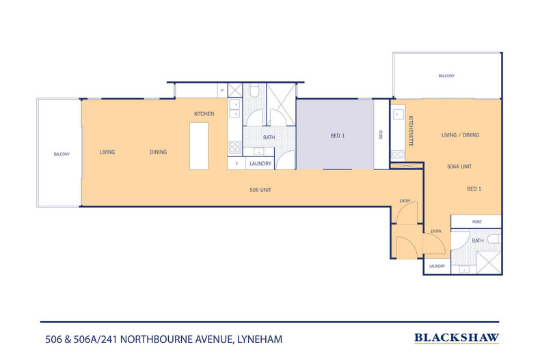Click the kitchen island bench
point(198,146)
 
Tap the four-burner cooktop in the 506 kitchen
point(234,147)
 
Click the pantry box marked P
point(222,90)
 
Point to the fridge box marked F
point(237,164)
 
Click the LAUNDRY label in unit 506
point(261,164)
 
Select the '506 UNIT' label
point(261,189)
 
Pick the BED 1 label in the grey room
point(338,136)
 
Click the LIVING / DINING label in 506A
point(460,135)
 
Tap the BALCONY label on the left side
point(62,154)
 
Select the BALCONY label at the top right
point(446,76)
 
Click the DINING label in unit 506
point(158,152)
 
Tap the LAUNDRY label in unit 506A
point(437,266)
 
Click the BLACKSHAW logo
point(457,337)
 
